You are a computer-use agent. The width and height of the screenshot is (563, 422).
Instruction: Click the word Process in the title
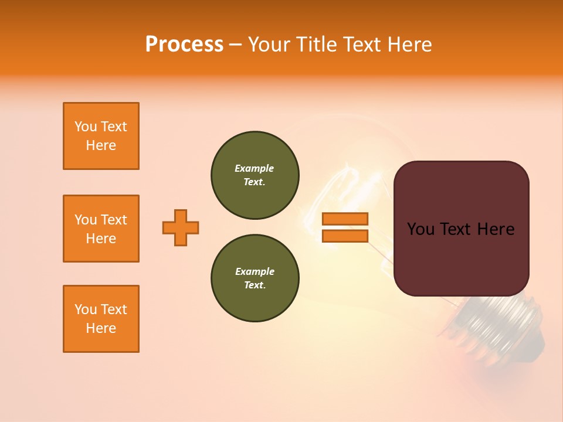pos(184,45)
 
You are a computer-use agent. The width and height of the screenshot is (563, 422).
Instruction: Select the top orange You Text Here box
pos(101,136)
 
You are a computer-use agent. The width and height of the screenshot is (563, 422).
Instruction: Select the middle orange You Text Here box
pos(101,229)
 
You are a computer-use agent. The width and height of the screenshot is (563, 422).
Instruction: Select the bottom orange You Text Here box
pos(101,319)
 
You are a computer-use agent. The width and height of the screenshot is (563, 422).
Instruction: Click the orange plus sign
pos(181,227)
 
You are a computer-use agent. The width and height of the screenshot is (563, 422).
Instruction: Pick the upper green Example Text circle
pos(255,175)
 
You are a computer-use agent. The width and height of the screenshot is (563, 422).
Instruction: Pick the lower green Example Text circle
pos(255,278)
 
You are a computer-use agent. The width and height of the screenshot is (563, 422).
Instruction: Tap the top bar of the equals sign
pos(345,219)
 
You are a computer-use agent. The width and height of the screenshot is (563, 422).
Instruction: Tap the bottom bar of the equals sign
pos(345,236)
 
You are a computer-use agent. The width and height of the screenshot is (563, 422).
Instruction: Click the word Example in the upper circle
pos(255,168)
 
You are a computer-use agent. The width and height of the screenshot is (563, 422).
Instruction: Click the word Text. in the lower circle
pos(255,285)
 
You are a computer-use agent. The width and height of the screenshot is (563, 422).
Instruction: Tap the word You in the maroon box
pos(419,229)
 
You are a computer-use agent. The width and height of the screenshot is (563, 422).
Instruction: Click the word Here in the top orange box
pos(101,145)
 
